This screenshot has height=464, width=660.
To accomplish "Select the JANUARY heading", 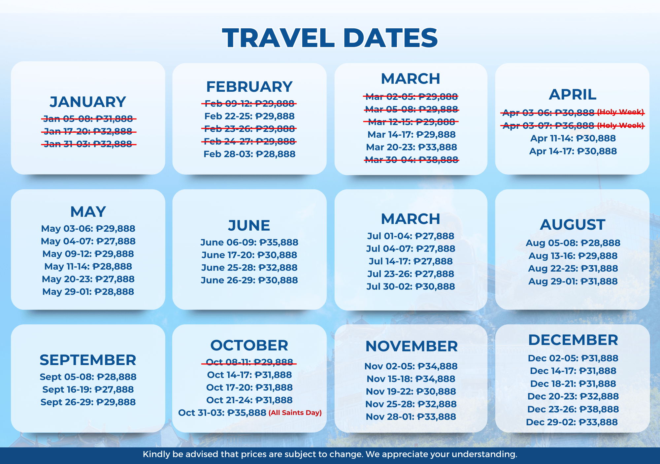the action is [x=88, y=102].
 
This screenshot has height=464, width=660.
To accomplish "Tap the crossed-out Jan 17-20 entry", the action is [x=88, y=131].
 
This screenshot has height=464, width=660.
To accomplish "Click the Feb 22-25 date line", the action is [x=249, y=116].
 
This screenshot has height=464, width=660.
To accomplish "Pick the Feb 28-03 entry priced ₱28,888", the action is [x=249, y=154].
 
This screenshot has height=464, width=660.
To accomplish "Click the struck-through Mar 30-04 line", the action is [x=412, y=160].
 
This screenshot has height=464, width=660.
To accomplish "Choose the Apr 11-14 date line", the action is [x=573, y=138].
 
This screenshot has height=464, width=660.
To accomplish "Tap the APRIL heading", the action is [x=573, y=95].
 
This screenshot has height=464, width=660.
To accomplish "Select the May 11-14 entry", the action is [x=88, y=266].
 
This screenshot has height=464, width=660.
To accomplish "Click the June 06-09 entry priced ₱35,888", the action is [x=249, y=242].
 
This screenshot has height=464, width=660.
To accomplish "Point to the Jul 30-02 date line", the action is [x=411, y=286].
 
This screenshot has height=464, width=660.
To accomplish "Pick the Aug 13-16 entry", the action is [x=573, y=256].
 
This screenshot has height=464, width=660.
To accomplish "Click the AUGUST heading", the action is [x=573, y=225].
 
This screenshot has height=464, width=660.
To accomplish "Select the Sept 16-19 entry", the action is [x=88, y=389].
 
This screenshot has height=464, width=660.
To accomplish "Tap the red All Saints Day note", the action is [x=295, y=413].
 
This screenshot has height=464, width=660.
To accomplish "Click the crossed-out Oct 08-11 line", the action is [x=249, y=362].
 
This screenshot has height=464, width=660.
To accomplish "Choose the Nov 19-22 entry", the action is [x=411, y=391].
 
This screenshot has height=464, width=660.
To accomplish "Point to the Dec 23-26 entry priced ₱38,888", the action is [x=573, y=409].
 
